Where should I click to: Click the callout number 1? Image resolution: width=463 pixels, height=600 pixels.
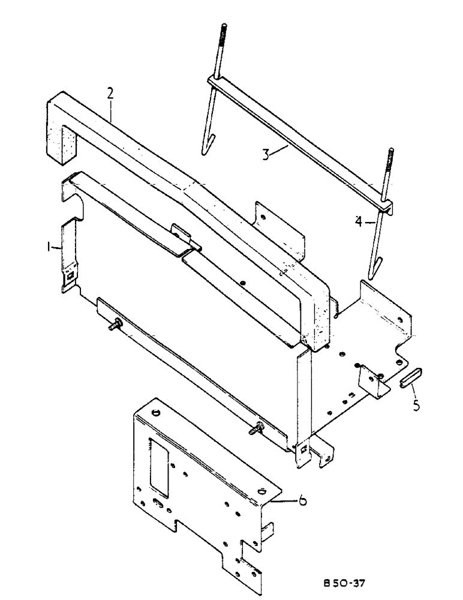coord(53,247)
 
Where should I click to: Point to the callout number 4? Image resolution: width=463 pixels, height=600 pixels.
coord(357,220)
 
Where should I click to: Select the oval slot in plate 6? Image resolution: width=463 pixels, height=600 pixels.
coord(158,503)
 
